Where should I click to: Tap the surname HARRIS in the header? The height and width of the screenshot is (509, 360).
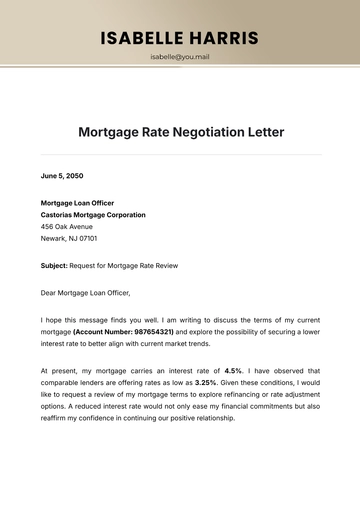pyautogui.click(x=222, y=39)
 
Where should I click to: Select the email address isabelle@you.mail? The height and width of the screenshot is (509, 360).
pyautogui.click(x=180, y=57)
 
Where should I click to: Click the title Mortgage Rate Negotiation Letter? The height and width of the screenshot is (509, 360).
pyautogui.click(x=180, y=132)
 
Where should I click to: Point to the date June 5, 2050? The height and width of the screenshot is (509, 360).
pyautogui.click(x=62, y=176)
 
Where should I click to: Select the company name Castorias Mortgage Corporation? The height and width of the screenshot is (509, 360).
pyautogui.click(x=93, y=215)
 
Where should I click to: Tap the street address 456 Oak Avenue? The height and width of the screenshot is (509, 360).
pyautogui.click(x=68, y=227)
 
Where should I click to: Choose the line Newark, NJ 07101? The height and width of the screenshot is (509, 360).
pyautogui.click(x=69, y=240)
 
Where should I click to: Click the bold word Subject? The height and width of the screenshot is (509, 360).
pyautogui.click(x=54, y=266)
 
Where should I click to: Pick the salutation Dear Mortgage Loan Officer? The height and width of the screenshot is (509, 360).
pyautogui.click(x=85, y=292)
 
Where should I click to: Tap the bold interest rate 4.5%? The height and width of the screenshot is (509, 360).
pyautogui.click(x=234, y=370)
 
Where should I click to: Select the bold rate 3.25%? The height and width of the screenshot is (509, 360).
pyautogui.click(x=206, y=382)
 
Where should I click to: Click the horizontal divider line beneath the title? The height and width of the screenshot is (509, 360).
pyautogui.click(x=180, y=155)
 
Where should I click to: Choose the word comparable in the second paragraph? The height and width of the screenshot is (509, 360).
pyautogui.click(x=60, y=382)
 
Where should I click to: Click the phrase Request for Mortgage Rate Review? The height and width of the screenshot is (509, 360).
pyautogui.click(x=123, y=266)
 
